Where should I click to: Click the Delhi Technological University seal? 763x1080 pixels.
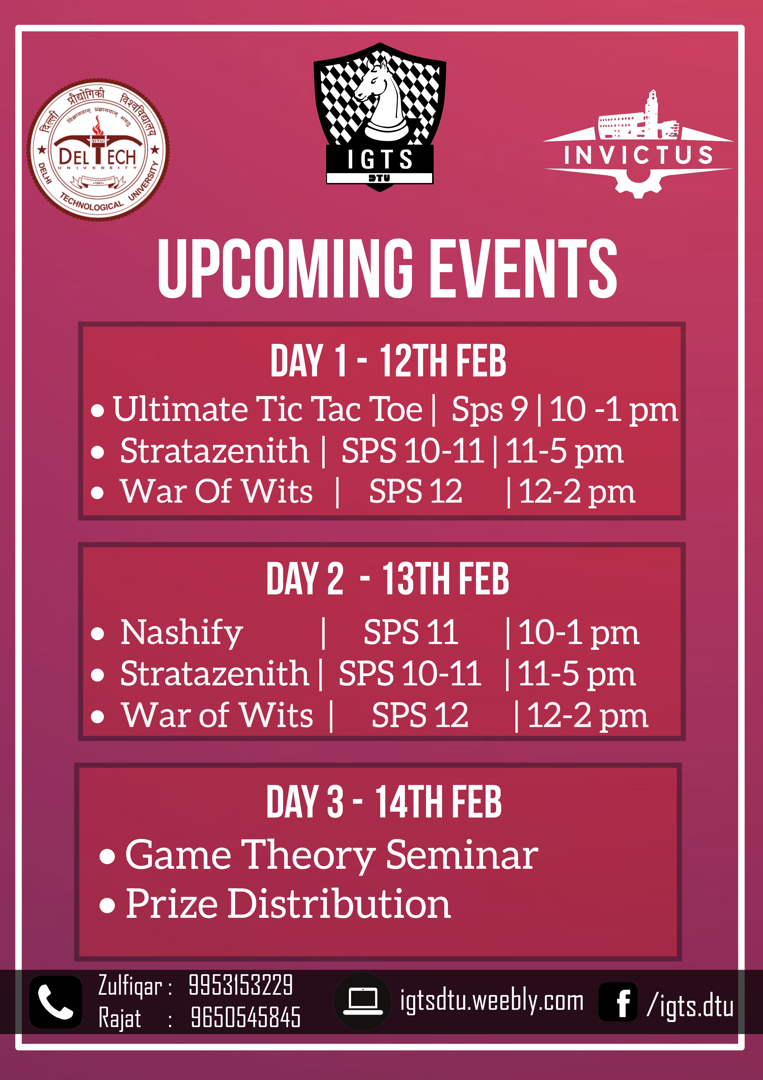pos(98,150)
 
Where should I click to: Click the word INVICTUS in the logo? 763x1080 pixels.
pos(638,155)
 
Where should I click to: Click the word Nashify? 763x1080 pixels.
pos(182,633)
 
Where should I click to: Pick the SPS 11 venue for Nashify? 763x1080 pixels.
pos(411,632)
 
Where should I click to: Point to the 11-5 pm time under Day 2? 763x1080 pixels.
pos(577,674)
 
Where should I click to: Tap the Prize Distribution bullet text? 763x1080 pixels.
pos(288,904)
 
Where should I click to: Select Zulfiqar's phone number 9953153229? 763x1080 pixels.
pos(241,985)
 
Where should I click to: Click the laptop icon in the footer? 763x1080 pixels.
pos(363,1001)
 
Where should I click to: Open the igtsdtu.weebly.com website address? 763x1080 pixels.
pos(492,1001)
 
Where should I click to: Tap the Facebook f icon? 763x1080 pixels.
pos(618,1001)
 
